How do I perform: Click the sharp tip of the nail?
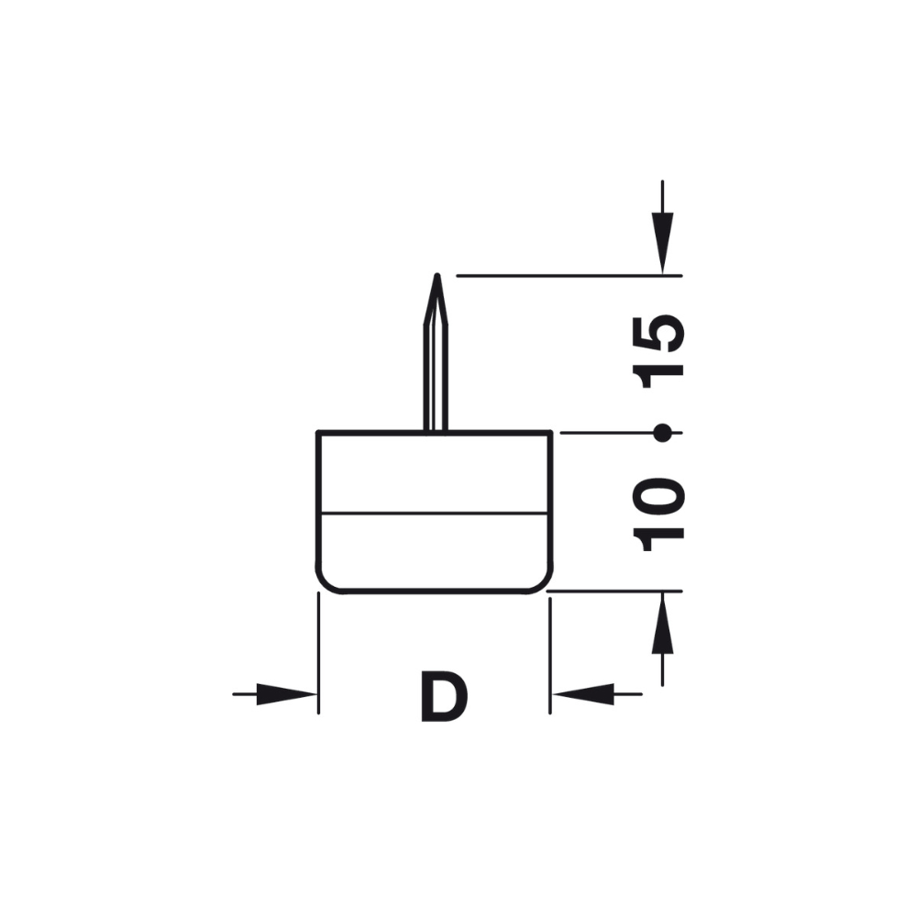click(x=437, y=276)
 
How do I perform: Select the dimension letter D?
click(x=444, y=696)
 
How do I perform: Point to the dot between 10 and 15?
click(x=662, y=432)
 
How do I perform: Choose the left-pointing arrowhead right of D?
click(x=583, y=694)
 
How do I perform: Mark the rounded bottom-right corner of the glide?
click(x=544, y=583)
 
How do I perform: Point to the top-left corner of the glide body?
click(x=318, y=432)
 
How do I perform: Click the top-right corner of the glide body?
click(x=550, y=432)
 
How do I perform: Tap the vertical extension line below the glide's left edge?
click(x=317, y=651)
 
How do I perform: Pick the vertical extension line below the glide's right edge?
click(x=549, y=651)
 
